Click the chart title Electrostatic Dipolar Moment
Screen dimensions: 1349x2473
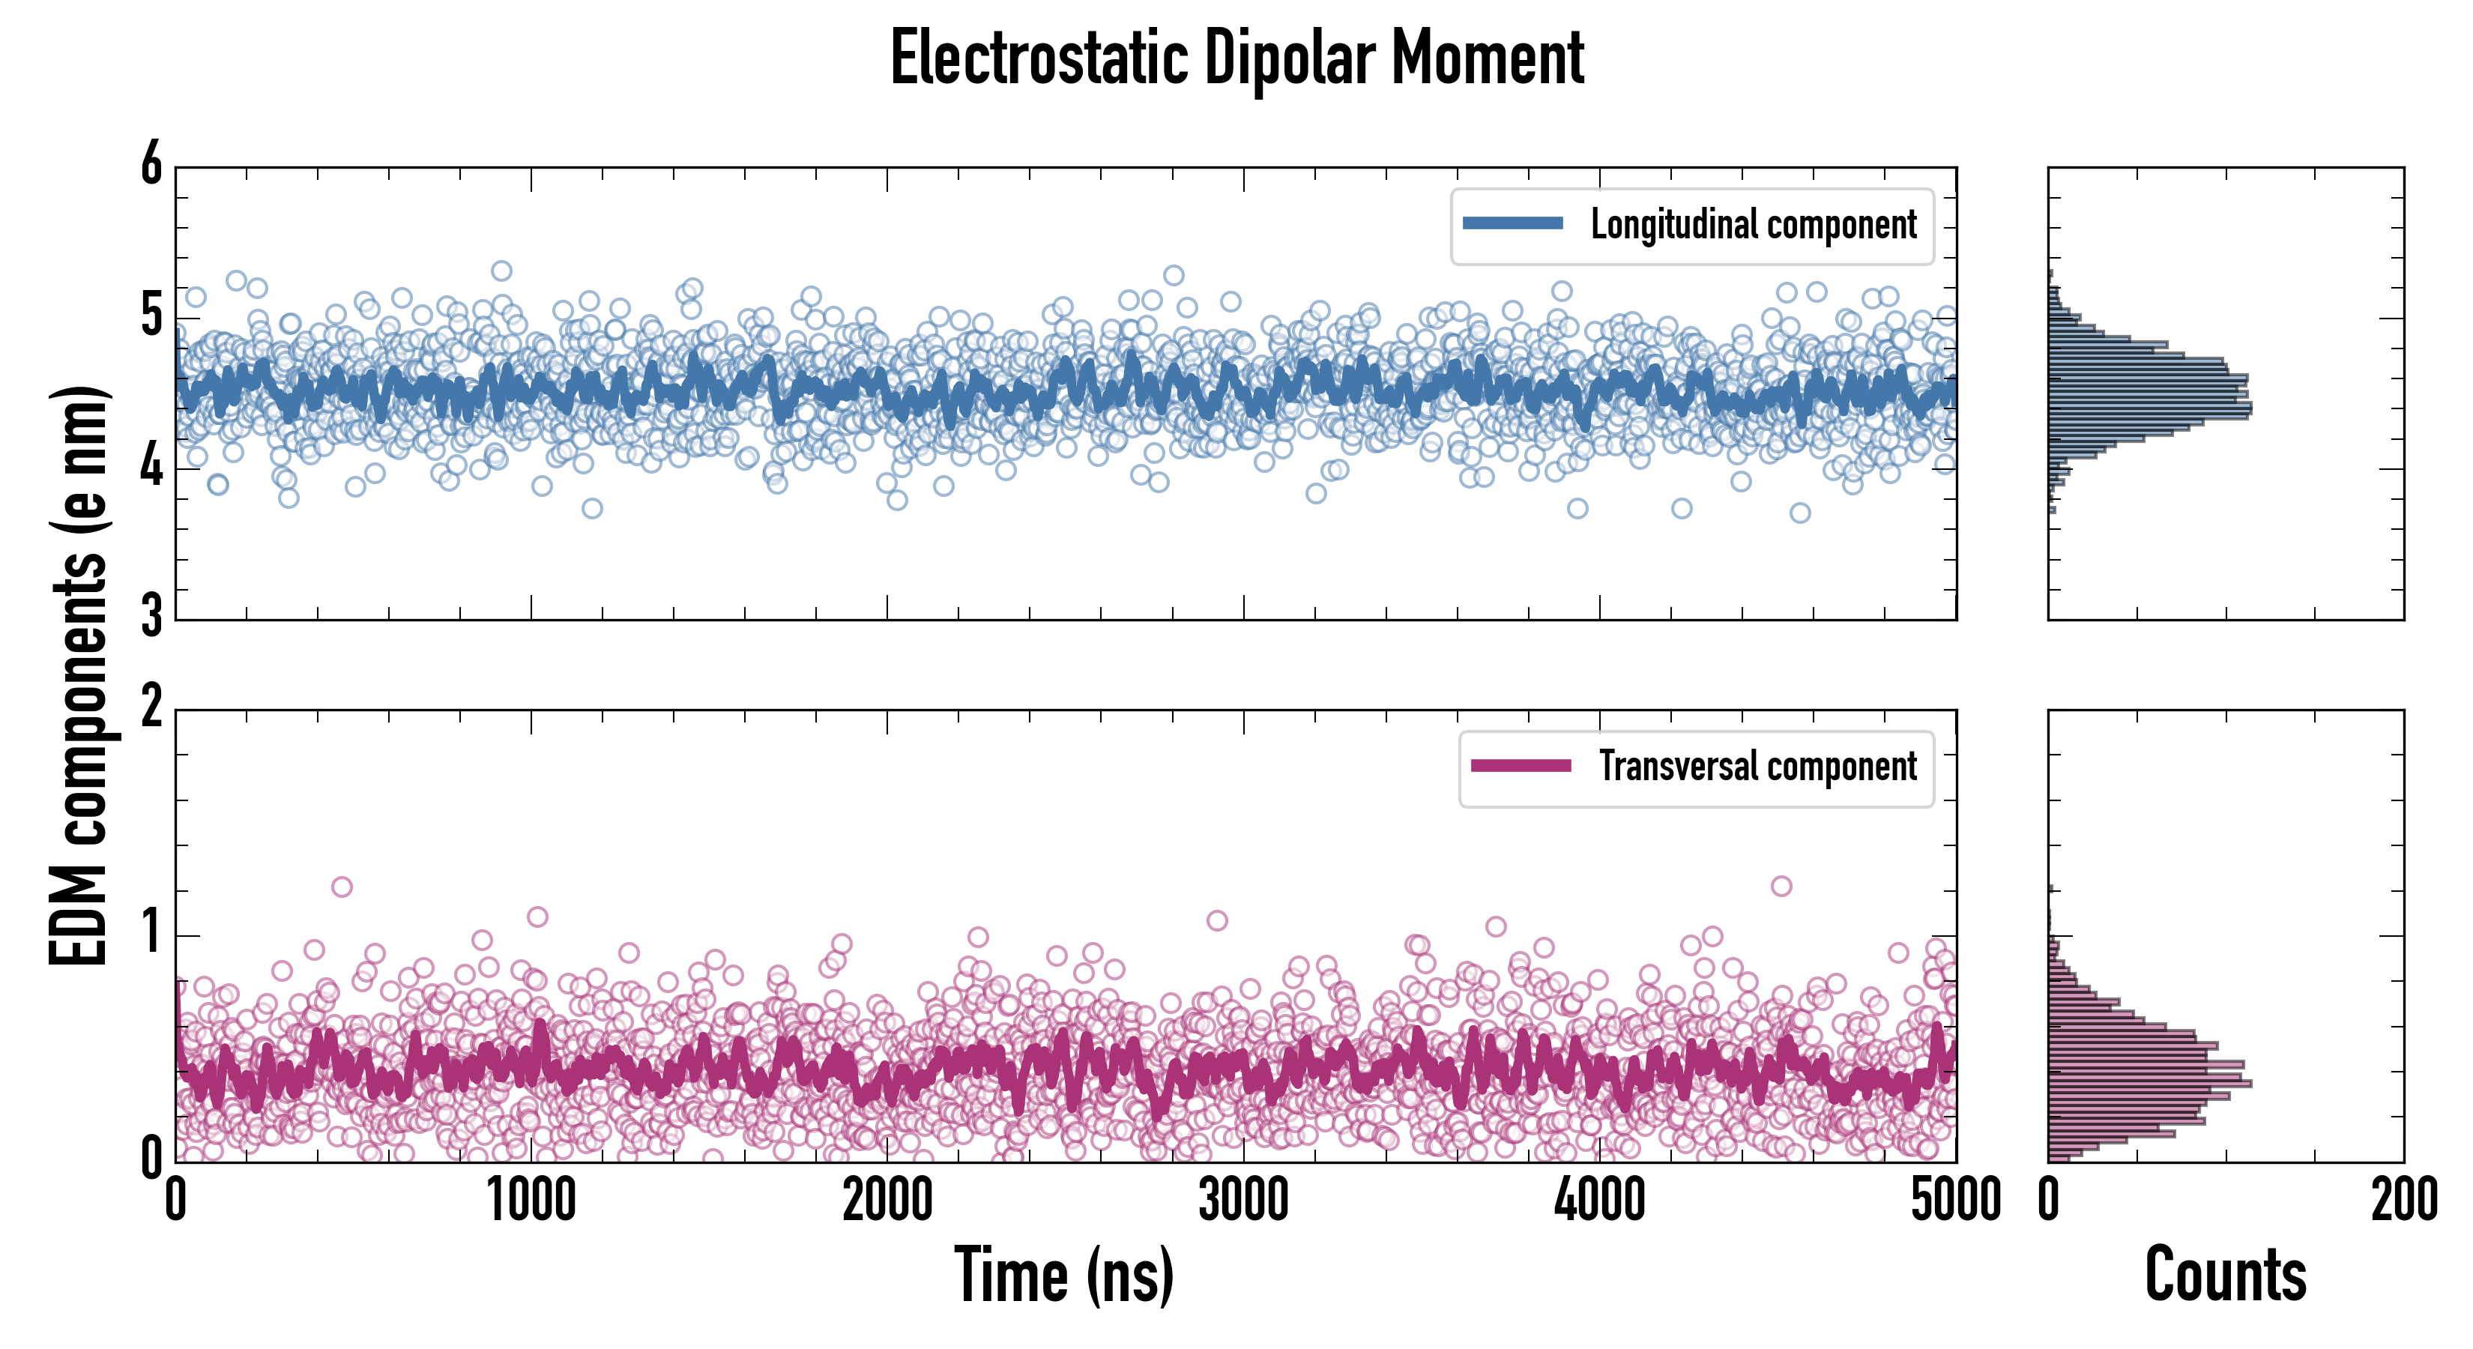tap(1236, 58)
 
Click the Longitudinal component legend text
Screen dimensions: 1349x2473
tap(1753, 225)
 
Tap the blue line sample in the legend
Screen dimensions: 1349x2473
tap(1512, 224)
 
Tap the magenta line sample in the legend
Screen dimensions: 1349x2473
tap(1521, 765)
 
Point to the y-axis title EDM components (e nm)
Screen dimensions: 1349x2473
tap(79, 676)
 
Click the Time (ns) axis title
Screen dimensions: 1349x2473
tap(1063, 1274)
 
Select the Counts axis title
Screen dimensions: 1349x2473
tap(2224, 1274)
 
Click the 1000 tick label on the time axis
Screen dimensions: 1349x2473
tap(531, 1200)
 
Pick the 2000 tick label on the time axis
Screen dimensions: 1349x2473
tap(887, 1200)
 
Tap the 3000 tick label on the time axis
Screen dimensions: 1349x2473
tap(1243, 1200)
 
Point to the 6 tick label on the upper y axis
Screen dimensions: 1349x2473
tap(151, 163)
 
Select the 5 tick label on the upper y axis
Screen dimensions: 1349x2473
tap(151, 315)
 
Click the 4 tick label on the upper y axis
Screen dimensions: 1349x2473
tap(151, 467)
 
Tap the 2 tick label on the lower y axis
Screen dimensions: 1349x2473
tap(151, 707)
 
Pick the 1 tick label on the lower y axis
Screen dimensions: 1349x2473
tap(151, 933)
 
